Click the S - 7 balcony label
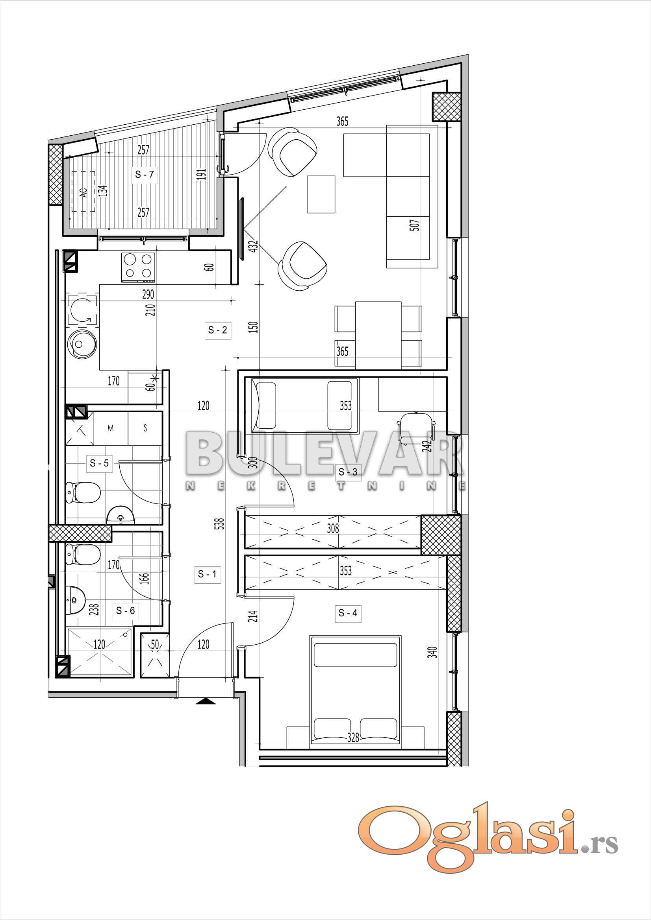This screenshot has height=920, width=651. pyautogui.click(x=145, y=174)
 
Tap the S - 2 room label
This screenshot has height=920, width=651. pyautogui.click(x=218, y=330)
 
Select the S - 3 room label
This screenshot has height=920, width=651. pyautogui.click(x=348, y=472)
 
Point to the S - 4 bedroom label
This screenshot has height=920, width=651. pyautogui.click(x=348, y=613)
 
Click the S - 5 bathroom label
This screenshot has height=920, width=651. pyautogui.click(x=99, y=463)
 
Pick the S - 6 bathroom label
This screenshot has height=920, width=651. pyautogui.click(x=126, y=611)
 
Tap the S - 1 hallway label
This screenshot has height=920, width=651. pyautogui.click(x=208, y=574)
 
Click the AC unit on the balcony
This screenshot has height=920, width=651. pyautogui.click(x=83, y=192)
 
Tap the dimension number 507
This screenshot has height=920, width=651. pyautogui.click(x=416, y=224)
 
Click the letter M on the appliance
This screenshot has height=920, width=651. pyautogui.click(x=110, y=428)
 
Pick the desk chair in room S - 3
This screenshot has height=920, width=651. pyautogui.click(x=416, y=428)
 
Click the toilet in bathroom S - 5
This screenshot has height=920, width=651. pyautogui.click(x=83, y=492)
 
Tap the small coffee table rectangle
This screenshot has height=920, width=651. pyautogui.click(x=321, y=194)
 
